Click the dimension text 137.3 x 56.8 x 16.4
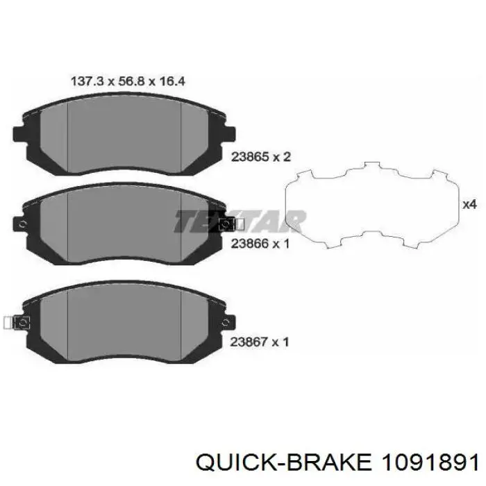coord(128,81)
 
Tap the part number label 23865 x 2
coord(261,157)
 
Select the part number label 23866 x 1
coord(260,244)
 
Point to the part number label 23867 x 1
coord(260,342)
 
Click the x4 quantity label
coord(469,205)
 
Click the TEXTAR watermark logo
coord(240,221)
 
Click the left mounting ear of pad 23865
coord(19,133)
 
